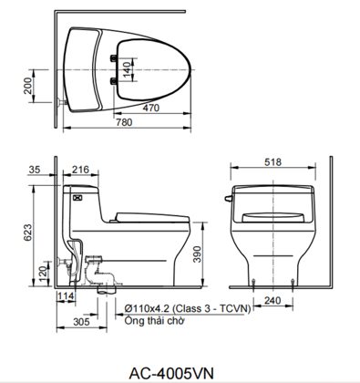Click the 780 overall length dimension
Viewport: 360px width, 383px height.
coord(124,122)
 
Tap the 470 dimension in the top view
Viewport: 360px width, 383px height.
coord(151,108)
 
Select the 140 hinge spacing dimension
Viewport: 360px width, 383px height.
coord(129,68)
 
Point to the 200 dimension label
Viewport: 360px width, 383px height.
coord(27,86)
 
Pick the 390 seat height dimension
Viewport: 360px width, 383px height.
coord(198,254)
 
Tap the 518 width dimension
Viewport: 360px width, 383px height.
coord(273,162)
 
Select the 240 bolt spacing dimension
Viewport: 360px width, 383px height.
coord(273,301)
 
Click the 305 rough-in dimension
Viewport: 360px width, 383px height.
coord(82,322)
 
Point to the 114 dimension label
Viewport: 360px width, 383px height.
coord(66,295)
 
